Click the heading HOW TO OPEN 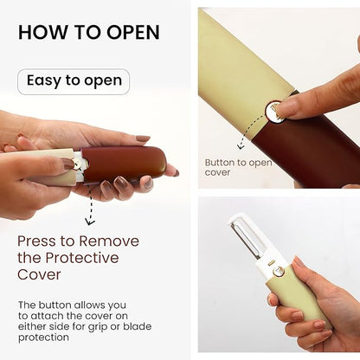click(x=89, y=32)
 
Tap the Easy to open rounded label click(x=74, y=81)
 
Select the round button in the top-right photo click(x=274, y=110)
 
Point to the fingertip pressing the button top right click(x=289, y=106)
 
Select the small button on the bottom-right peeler click(x=279, y=272)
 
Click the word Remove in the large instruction click(x=107, y=241)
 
